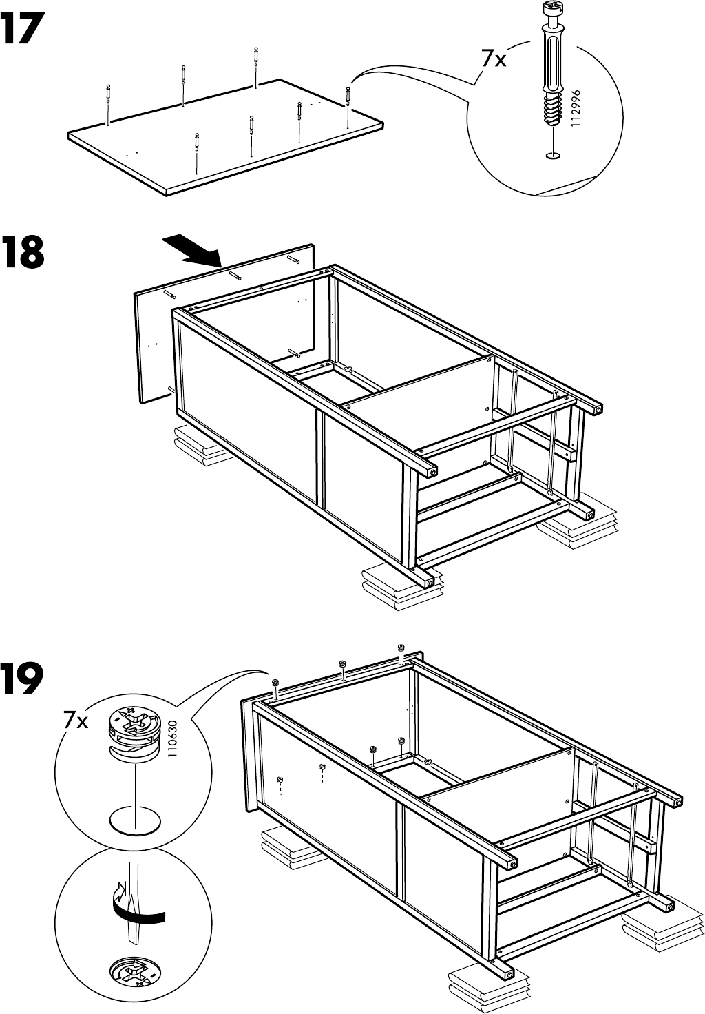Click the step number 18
coord(23,253)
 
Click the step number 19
coord(23,679)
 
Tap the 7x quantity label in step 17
coord(493,60)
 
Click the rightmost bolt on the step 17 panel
coord(348,103)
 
